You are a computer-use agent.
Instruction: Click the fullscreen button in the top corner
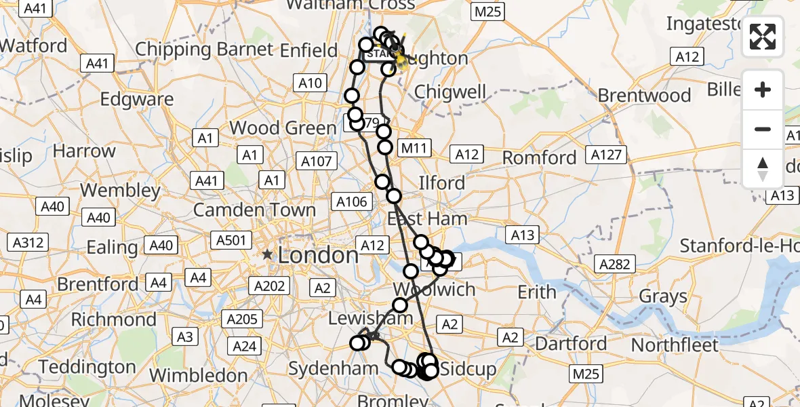(763, 37)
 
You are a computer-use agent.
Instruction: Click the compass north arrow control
(763, 168)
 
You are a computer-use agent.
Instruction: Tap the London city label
(317, 255)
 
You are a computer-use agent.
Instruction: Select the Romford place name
(539, 158)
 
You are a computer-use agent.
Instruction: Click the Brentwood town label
(644, 96)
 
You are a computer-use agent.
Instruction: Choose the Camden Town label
(254, 210)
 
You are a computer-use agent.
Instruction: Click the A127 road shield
(606, 155)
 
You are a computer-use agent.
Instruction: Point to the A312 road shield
(28, 242)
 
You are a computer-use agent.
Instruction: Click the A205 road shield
(241, 319)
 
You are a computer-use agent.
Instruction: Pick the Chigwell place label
(450, 92)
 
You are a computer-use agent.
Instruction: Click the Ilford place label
(442, 182)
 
